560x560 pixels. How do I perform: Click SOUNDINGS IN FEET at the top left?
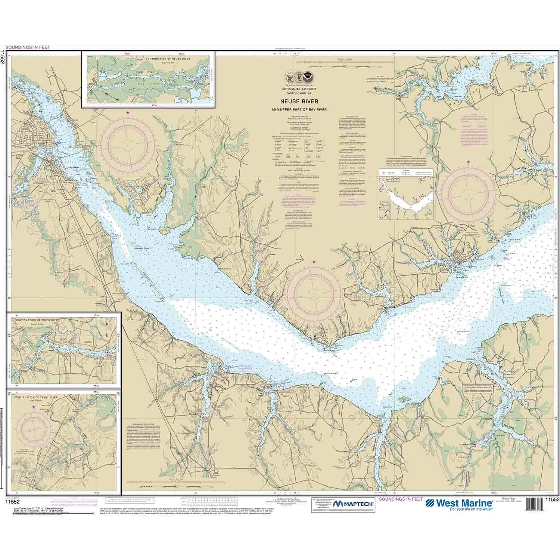pyautogui.click(x=25, y=47)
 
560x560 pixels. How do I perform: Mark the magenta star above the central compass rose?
pyautogui.click(x=314, y=262)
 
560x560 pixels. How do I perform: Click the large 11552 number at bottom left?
pyautogui.click(x=12, y=502)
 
